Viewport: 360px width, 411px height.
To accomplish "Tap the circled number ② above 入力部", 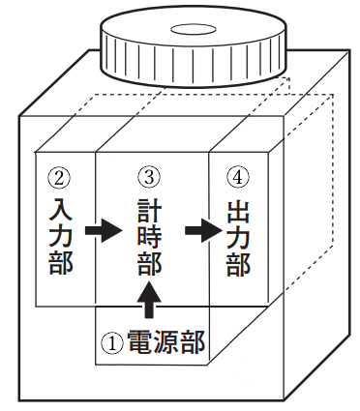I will click(x=60, y=178).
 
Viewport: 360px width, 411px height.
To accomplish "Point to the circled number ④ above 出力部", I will click(x=238, y=178).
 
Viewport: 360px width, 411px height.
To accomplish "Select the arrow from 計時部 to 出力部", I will click(x=202, y=232).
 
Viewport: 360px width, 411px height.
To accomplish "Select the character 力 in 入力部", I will click(x=60, y=234).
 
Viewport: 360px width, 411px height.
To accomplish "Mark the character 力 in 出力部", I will click(x=238, y=234).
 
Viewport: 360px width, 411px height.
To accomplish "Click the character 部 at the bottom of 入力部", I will click(x=60, y=262).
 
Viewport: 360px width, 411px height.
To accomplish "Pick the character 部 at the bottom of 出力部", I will click(x=238, y=262).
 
